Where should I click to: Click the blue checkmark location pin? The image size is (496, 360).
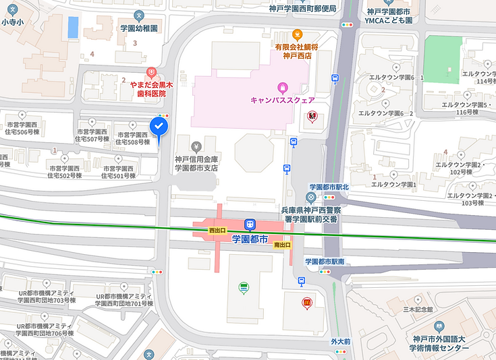[x=158, y=127]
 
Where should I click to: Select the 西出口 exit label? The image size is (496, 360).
[x=218, y=231]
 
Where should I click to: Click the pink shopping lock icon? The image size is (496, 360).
[x=282, y=87]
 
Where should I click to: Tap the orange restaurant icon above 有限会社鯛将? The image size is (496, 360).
[x=296, y=34]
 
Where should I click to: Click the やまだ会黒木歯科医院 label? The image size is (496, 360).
[x=148, y=89]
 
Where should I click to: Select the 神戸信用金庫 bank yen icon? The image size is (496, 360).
[x=196, y=146]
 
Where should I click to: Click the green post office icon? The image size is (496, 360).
[x=244, y=289]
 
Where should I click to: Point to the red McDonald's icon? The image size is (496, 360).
[x=307, y=303]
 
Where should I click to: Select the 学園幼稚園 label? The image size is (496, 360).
[x=139, y=29]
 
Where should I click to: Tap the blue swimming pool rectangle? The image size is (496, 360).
[x=72, y=28]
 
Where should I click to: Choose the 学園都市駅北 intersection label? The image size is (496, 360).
[x=329, y=187]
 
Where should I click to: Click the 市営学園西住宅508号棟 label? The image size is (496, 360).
[x=133, y=138]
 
